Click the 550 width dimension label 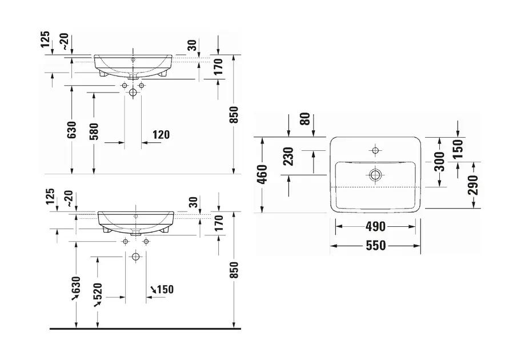(375, 246)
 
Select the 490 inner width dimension (375, 227)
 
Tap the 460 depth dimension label (262, 174)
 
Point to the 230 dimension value (288, 157)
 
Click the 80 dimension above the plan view (305, 119)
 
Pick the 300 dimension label (440, 162)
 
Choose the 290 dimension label (473, 185)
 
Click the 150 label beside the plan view (458, 149)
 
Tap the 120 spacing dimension (161, 135)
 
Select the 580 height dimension (94, 131)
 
